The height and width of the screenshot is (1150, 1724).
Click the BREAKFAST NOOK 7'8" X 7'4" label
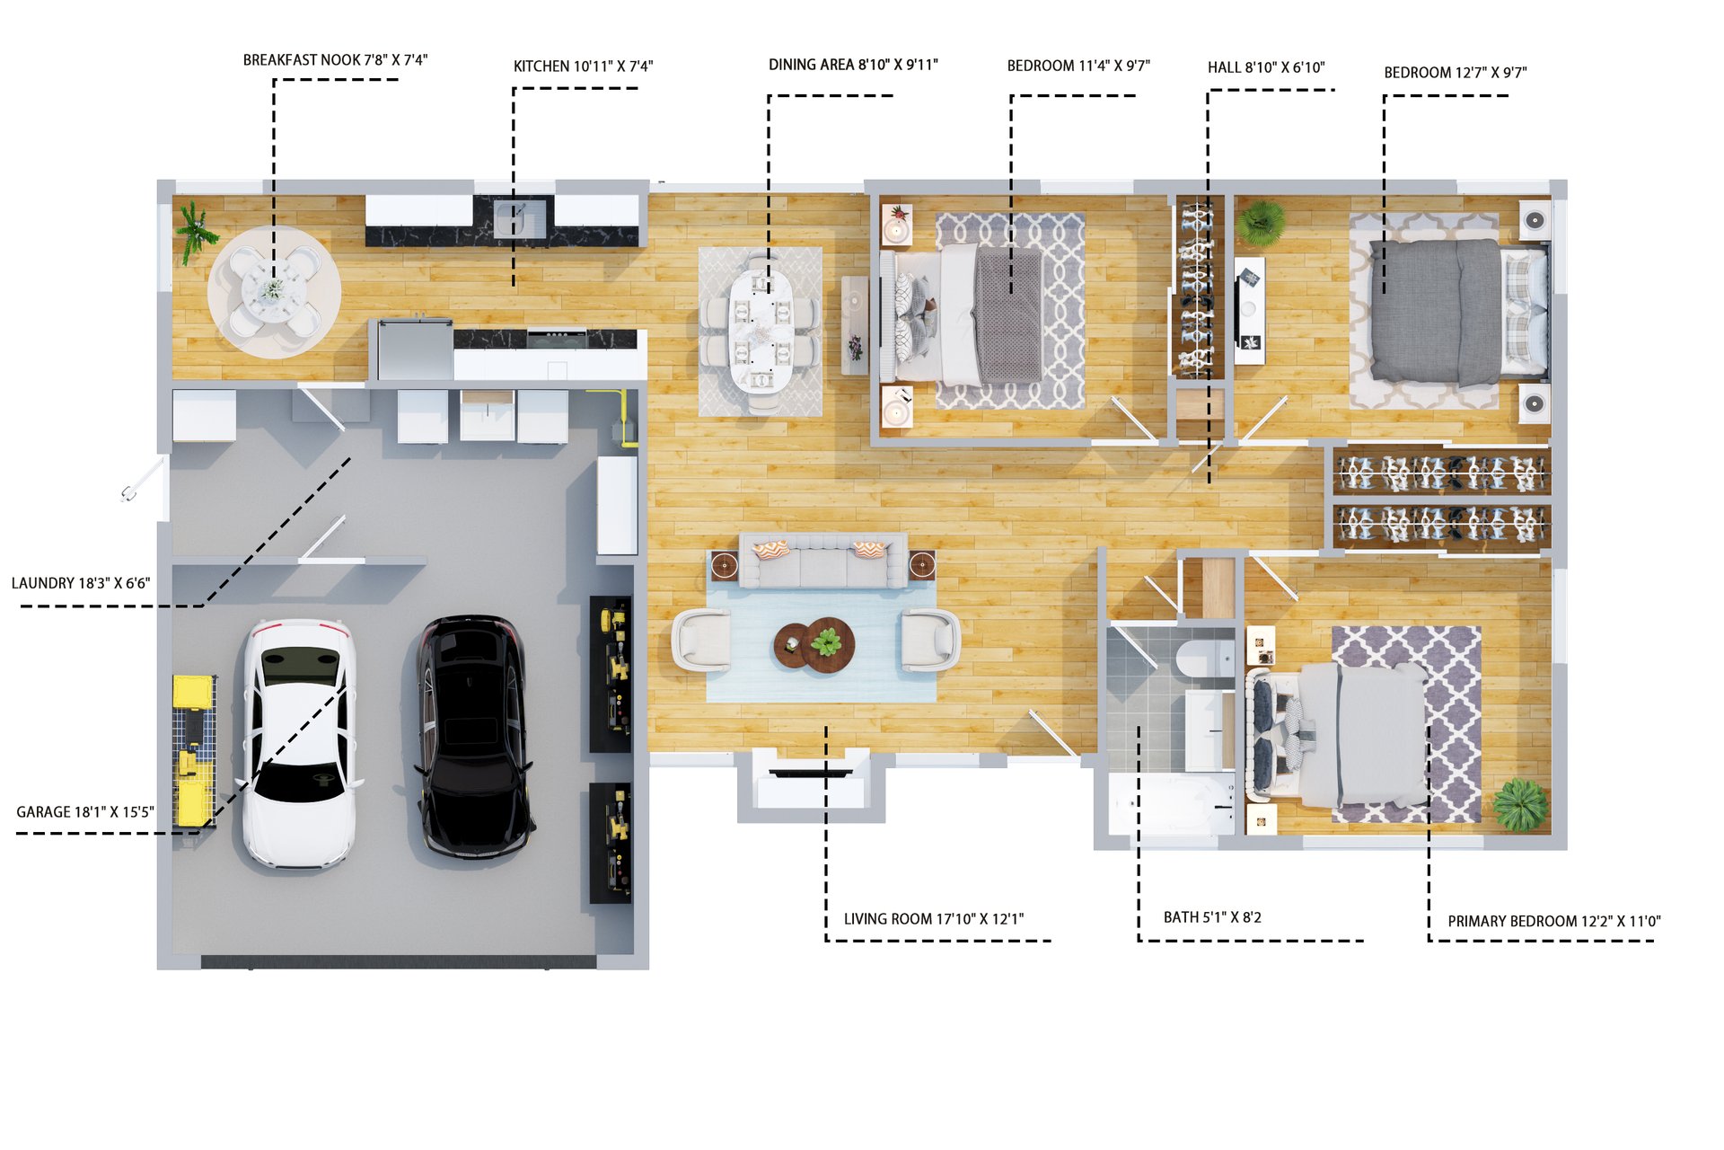pyautogui.click(x=335, y=60)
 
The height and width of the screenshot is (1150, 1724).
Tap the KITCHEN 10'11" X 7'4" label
pyautogui.click(x=583, y=66)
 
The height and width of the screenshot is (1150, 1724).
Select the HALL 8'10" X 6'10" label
pyautogui.click(x=1266, y=67)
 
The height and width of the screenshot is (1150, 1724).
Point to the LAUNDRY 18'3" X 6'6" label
pyautogui.click(x=81, y=583)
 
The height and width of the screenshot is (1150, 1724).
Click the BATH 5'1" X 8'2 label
pyautogui.click(x=1212, y=917)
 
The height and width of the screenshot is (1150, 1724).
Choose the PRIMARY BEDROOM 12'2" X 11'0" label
pyautogui.click(x=1554, y=921)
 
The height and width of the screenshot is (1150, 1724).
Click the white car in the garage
pyautogui.click(x=299, y=743)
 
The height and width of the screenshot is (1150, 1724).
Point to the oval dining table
pyautogui.click(x=761, y=332)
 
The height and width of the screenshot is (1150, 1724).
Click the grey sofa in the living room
pyautogui.click(x=822, y=561)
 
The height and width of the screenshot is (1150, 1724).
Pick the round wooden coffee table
pyautogui.click(x=814, y=644)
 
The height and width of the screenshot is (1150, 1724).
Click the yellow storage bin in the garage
pyautogui.click(x=193, y=693)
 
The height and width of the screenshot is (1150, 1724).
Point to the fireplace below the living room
pyautogui.click(x=811, y=784)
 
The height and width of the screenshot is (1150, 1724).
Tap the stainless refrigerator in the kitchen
pyautogui.click(x=414, y=349)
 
